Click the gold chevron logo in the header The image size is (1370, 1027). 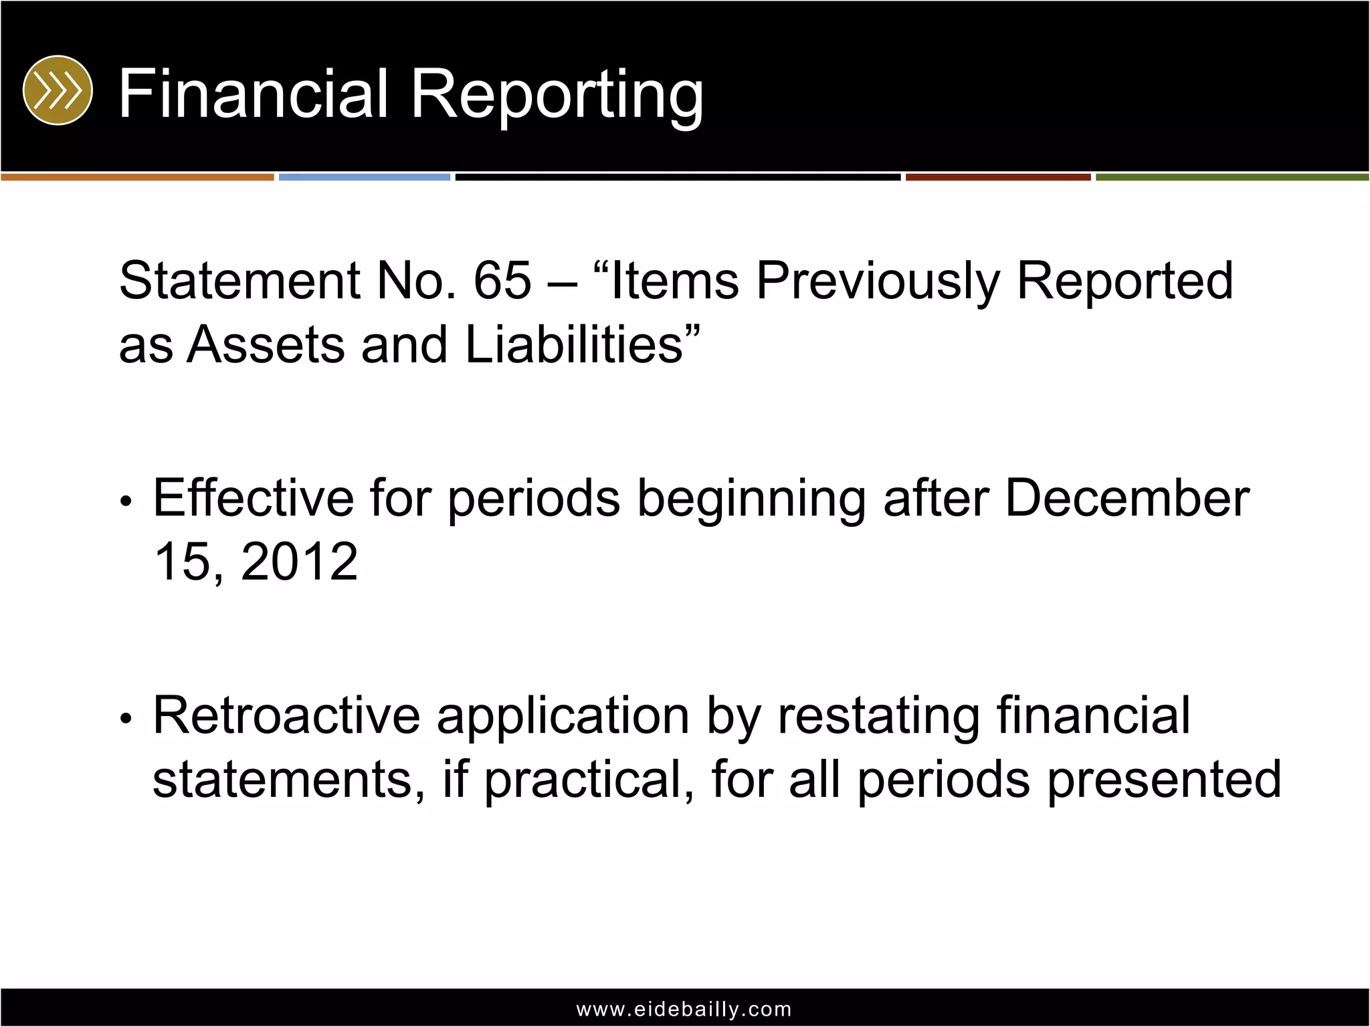[58, 90]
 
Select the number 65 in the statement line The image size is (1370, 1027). [502, 281]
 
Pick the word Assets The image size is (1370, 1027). [266, 345]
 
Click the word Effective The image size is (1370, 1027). [254, 498]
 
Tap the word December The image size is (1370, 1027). [1127, 498]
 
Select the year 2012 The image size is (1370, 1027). [299, 562]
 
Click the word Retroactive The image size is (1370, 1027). [287, 716]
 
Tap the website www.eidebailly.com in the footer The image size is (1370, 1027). [684, 1009]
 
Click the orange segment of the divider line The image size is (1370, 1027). [137, 177]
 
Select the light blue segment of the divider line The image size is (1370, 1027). [365, 177]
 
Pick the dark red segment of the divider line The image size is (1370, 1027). [998, 177]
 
